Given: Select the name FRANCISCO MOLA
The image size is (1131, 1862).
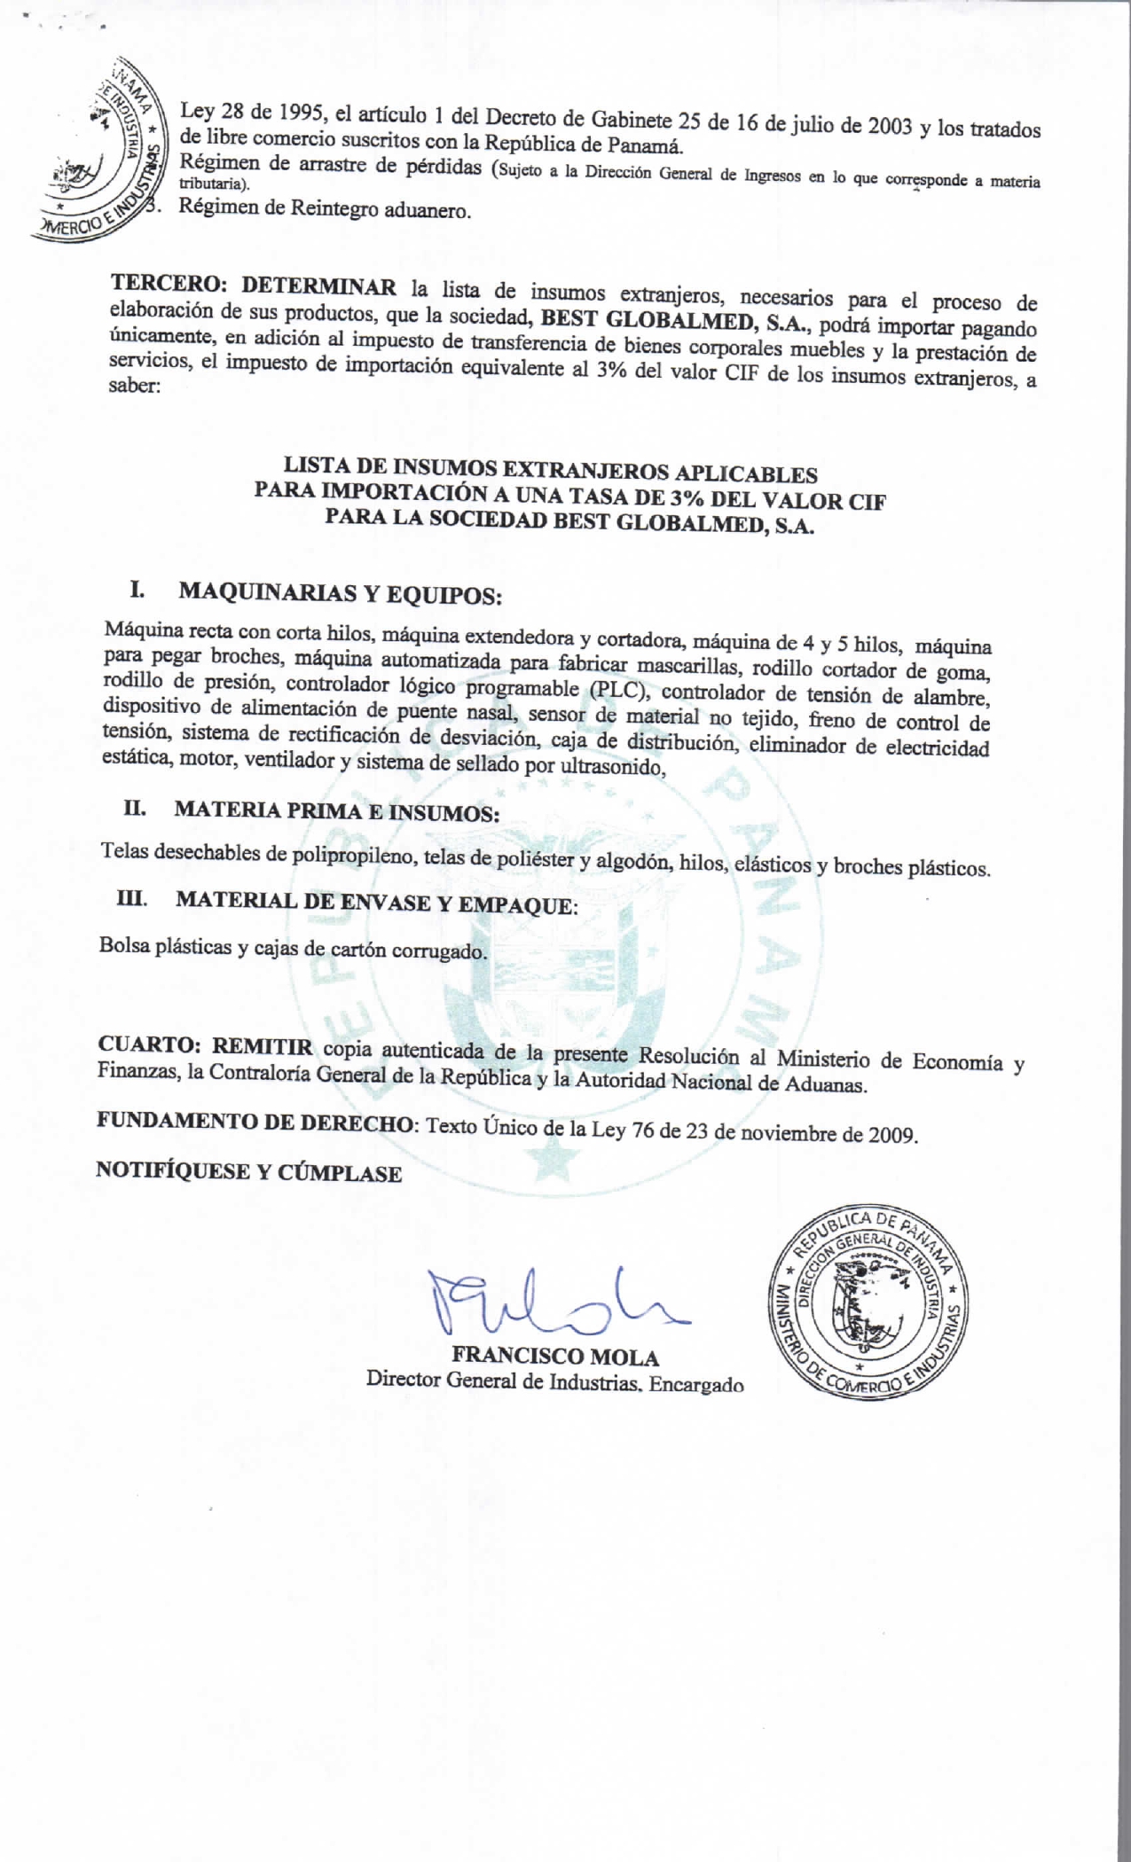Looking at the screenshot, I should tap(555, 1357).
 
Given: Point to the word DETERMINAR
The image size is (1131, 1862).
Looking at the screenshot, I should tap(318, 287).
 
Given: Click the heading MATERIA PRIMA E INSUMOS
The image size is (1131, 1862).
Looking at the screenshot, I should tap(336, 811).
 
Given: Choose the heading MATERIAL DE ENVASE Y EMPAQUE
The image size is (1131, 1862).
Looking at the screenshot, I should tap(376, 903).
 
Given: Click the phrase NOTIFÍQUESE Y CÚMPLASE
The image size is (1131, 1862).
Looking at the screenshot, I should tap(248, 1172).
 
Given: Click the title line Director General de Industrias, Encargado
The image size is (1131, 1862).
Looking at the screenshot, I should tap(554, 1382).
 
